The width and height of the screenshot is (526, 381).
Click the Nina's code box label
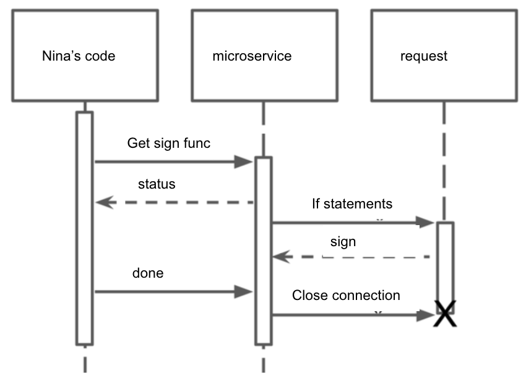78,56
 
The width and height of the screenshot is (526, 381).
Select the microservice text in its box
251,56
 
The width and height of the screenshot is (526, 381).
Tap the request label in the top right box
424,56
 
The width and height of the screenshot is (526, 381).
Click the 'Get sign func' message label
169,143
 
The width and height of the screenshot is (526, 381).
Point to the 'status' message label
157,184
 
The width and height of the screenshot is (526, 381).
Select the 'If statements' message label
351,203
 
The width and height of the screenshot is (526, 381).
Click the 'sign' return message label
343,242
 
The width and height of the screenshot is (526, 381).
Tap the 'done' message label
148,273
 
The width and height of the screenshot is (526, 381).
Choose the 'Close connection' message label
346,296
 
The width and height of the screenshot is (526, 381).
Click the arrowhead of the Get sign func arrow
244,162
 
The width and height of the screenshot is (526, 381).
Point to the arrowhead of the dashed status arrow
103,202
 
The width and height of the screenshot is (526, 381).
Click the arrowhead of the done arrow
244,291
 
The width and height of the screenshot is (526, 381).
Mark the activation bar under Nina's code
85,229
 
